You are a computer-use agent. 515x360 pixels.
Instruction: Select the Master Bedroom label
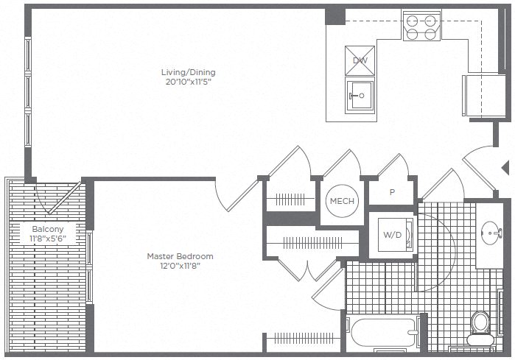coord(180,256)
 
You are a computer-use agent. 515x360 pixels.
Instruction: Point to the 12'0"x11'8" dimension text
coord(180,266)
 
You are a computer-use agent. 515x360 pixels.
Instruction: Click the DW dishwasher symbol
coord(360,60)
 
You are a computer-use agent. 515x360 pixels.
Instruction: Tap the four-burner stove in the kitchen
coord(421,26)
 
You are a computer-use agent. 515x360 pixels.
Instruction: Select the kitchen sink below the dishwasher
coord(360,94)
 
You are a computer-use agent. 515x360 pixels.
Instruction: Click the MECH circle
coord(342,201)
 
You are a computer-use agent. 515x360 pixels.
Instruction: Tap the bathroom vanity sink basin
coord(490,235)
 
